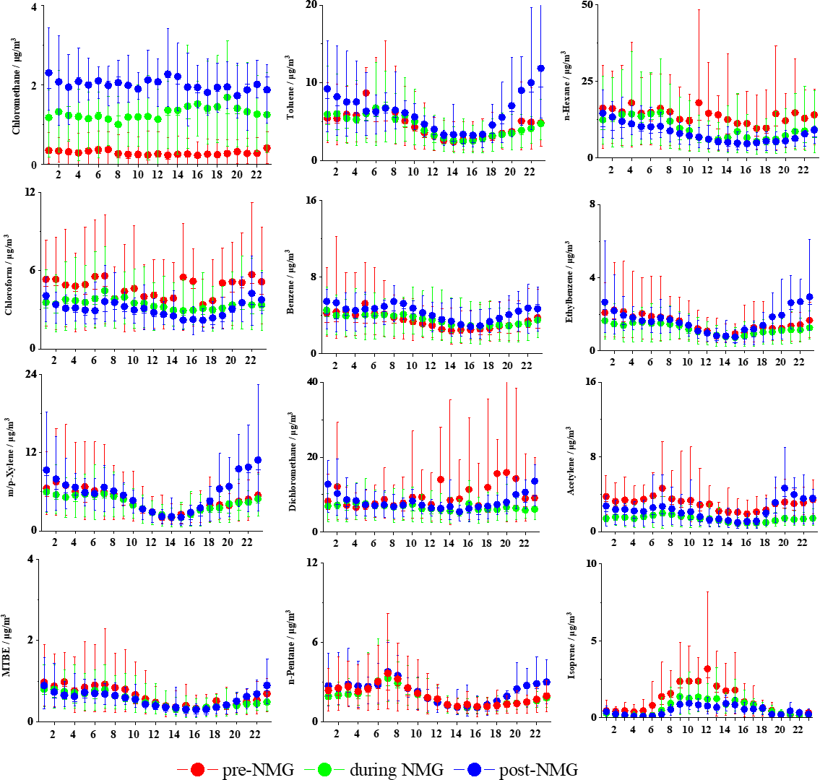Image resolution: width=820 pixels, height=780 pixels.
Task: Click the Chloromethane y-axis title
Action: pos(14,86)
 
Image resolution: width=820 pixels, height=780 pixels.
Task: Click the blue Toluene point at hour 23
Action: pos(540,69)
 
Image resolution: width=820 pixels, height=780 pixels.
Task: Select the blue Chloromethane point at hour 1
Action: pos(49,73)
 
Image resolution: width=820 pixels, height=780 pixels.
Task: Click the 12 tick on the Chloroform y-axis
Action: pos(34,192)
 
